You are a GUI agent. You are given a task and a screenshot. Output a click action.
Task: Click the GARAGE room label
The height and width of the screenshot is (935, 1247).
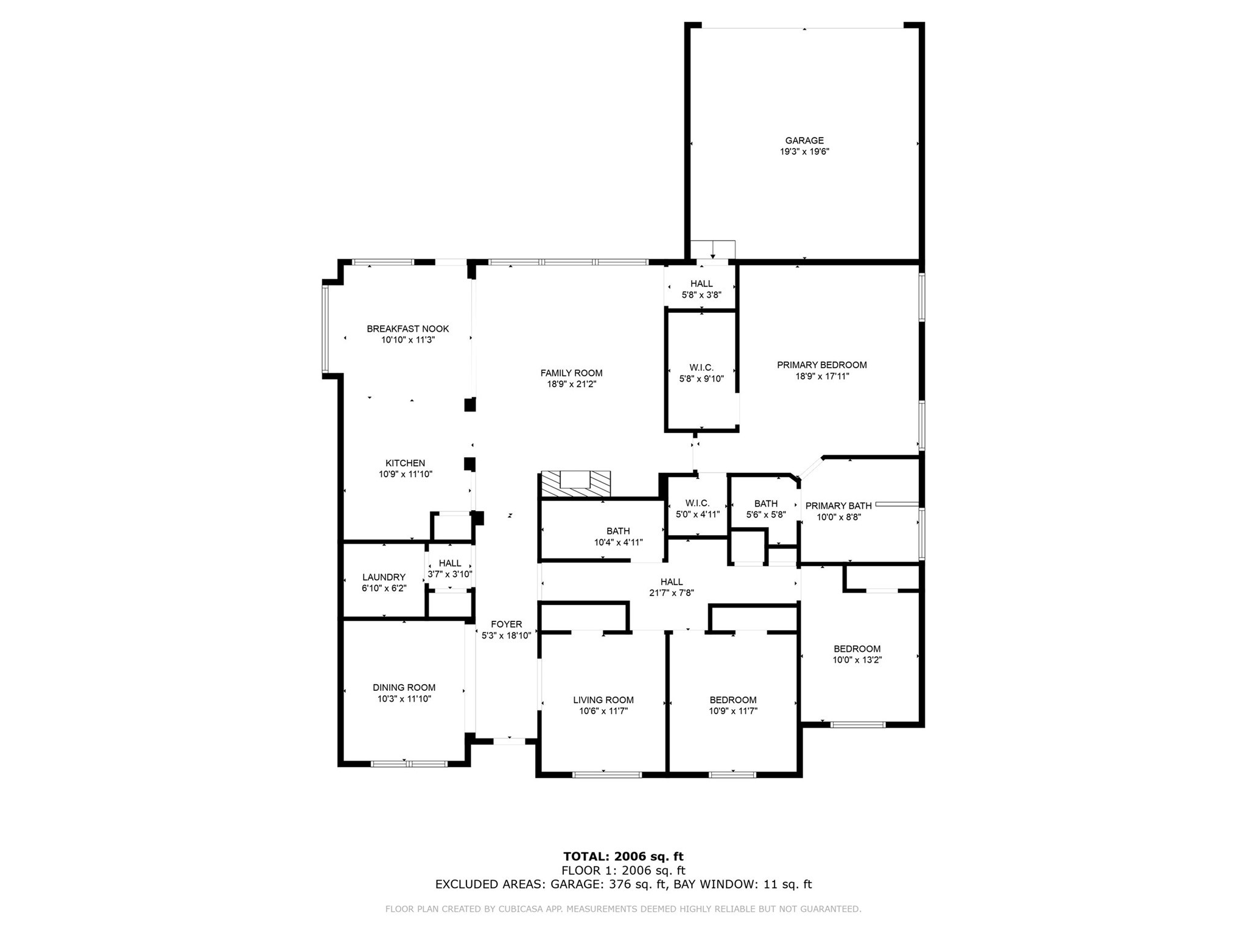(804, 141)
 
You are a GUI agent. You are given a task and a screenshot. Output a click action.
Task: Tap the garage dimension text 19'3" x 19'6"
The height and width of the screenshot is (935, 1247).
(804, 152)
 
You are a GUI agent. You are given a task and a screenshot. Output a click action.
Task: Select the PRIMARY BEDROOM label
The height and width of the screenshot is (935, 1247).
(821, 365)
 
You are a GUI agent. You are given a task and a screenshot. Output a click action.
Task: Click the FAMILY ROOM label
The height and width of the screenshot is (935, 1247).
(571, 373)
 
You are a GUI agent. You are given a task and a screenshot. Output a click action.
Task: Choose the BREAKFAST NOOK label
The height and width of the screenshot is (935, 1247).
(407, 329)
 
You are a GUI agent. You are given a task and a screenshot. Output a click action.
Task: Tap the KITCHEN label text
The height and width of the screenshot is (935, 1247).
(405, 463)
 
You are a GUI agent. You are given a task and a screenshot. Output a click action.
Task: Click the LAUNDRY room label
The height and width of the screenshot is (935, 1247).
(384, 577)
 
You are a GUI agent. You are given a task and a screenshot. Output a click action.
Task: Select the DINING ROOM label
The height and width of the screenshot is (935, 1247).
(404, 687)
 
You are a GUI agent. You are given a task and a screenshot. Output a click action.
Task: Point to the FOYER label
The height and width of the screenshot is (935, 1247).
(506, 624)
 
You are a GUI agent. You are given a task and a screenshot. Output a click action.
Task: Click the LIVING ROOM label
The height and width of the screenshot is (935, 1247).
(603, 700)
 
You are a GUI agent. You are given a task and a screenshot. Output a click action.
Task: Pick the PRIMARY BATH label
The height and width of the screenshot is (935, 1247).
(838, 506)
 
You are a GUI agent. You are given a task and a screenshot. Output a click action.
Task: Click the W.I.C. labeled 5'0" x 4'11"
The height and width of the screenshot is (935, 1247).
(697, 508)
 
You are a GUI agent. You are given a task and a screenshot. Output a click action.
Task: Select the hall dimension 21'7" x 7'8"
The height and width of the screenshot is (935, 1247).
(671, 593)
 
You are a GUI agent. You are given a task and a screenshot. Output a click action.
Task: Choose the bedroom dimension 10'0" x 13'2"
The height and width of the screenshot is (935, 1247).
(857, 660)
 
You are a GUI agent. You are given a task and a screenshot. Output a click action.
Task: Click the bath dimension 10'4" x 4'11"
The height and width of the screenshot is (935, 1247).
(618, 542)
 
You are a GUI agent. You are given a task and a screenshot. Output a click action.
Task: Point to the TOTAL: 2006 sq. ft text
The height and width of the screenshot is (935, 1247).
(623, 857)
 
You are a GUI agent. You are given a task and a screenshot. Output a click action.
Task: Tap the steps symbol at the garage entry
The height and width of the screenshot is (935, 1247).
(712, 250)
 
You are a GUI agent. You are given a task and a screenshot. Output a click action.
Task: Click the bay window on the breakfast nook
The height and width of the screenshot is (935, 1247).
(326, 329)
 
